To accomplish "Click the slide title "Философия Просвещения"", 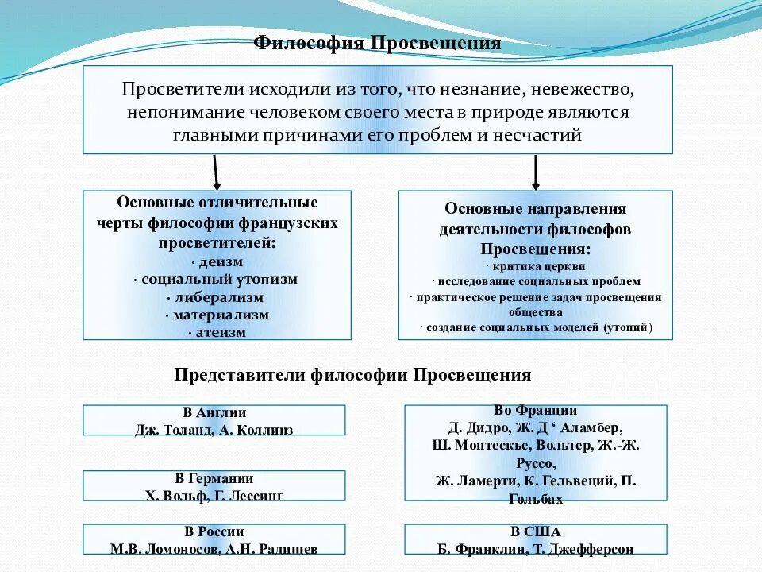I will [377, 43].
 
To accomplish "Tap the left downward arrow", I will [215, 172].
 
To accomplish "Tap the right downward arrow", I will [536, 172].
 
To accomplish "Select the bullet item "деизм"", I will [218, 261].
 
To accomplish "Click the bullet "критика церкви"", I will [536, 267].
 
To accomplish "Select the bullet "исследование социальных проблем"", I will [537, 281].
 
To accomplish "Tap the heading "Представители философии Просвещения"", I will [352, 374].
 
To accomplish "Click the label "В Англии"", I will [214, 412].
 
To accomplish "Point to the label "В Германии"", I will [214, 478].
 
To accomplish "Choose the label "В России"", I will [214, 531].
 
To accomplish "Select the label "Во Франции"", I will [535, 411].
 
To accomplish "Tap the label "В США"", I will [536, 531].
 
